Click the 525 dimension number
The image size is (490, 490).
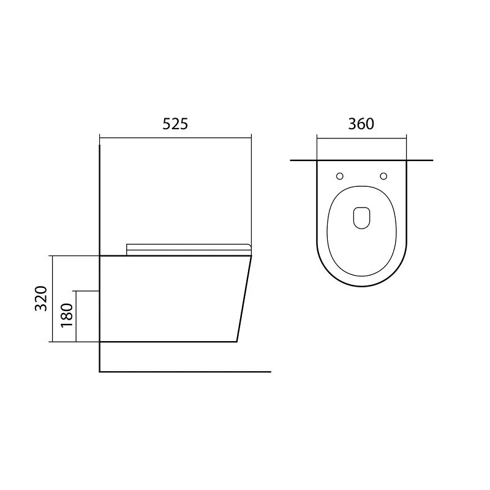coord(175,124)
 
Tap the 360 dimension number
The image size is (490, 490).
coord(361,124)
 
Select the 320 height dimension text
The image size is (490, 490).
coord(41,298)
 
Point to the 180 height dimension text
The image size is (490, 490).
coord(67,315)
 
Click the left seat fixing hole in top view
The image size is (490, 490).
coord(340,176)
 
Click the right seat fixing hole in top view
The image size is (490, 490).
coord(383,176)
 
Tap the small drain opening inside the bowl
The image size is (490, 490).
coord(361,218)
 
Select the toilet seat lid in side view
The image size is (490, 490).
coord(189,250)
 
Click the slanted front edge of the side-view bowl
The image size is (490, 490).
coord(244,299)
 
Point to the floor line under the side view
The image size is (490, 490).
coord(185,372)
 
